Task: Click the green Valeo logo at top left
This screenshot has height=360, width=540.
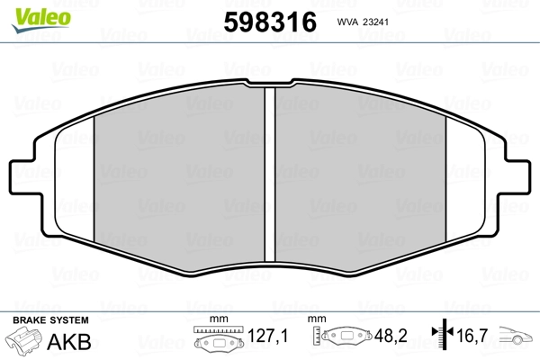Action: click(x=41, y=19)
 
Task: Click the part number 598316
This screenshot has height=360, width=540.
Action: click(x=270, y=22)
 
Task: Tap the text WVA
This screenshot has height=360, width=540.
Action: click(x=348, y=22)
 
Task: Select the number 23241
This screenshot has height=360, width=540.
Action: click(x=375, y=22)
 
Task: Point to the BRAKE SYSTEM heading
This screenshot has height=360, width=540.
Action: click(x=50, y=320)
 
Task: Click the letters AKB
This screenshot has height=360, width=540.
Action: click(x=69, y=342)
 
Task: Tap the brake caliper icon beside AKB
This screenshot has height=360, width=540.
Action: click(x=23, y=340)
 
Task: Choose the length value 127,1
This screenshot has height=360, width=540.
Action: click(x=267, y=336)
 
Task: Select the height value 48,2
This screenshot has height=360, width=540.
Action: click(x=391, y=336)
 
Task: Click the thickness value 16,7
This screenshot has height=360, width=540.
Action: click(x=472, y=336)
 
